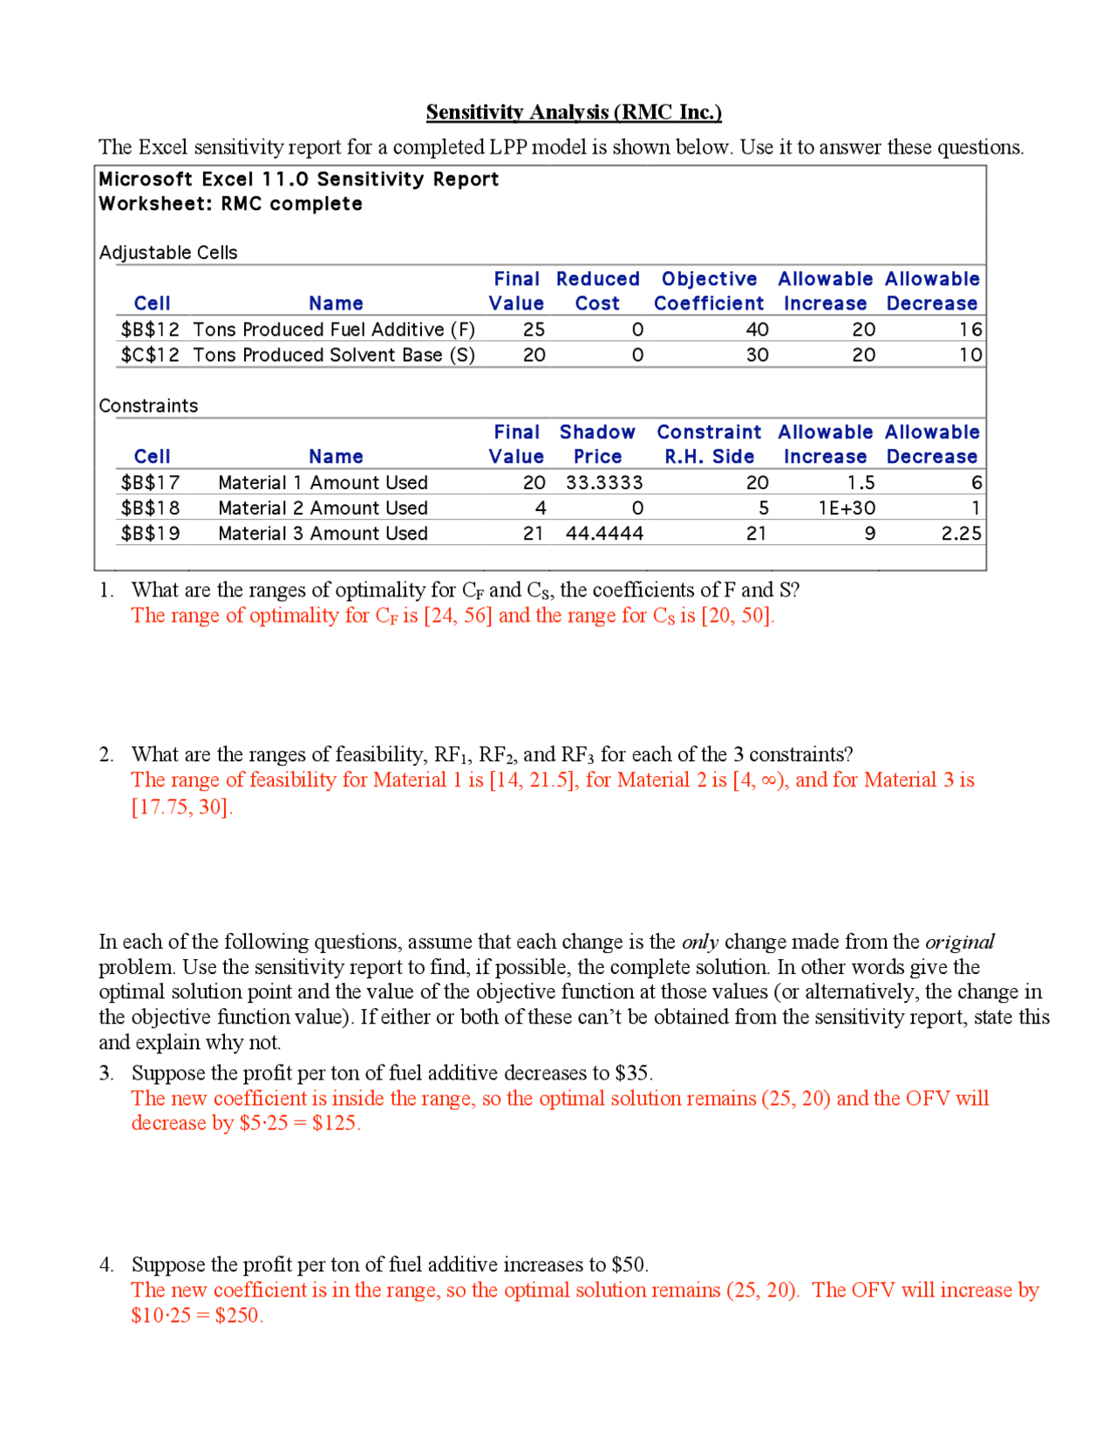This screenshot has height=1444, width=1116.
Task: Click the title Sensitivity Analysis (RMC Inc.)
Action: (x=573, y=112)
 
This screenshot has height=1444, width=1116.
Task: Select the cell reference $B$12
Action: (x=150, y=330)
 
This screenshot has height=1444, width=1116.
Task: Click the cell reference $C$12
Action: (x=150, y=355)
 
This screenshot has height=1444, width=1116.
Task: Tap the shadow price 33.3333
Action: (x=603, y=482)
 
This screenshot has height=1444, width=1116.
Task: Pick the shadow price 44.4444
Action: (x=603, y=533)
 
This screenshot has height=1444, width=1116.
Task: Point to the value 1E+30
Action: (x=846, y=507)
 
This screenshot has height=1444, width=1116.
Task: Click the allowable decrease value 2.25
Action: (x=961, y=533)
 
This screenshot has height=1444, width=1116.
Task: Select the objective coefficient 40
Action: (x=757, y=330)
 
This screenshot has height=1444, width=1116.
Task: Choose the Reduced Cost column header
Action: (x=597, y=290)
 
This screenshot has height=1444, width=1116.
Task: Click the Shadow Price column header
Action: (x=597, y=444)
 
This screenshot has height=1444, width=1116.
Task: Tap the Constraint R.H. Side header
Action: (x=708, y=444)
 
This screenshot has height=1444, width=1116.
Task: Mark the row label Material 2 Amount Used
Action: (x=323, y=507)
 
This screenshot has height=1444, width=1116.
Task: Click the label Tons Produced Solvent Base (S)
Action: (x=334, y=355)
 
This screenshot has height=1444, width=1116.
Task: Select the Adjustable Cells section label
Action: (x=168, y=253)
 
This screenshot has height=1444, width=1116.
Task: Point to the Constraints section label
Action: (x=148, y=405)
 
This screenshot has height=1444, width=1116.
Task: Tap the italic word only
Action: (x=699, y=942)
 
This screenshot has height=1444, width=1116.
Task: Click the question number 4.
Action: (x=105, y=1264)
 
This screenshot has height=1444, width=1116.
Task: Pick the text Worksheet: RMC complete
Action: (x=230, y=204)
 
